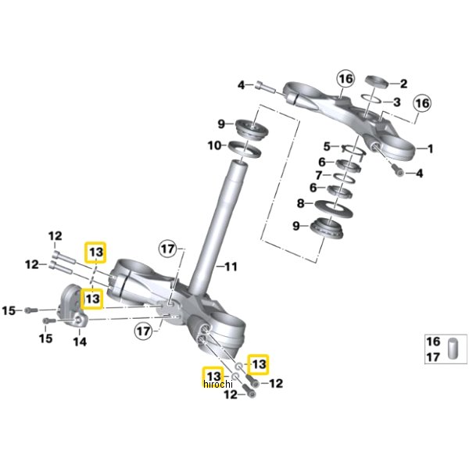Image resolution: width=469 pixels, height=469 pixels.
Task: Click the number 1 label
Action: point(429,148)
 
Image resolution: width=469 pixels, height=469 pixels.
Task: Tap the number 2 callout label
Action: point(404,84)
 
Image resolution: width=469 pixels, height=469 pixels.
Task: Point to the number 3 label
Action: point(397,102)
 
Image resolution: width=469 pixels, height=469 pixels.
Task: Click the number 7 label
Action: point(318,174)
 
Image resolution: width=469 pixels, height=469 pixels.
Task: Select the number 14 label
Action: point(80,342)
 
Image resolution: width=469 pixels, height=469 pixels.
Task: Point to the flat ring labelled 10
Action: point(244,147)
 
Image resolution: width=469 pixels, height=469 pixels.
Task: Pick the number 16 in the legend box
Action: point(432,341)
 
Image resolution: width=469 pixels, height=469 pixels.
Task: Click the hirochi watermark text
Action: point(218,384)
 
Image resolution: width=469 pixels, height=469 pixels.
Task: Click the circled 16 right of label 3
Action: point(422,103)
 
